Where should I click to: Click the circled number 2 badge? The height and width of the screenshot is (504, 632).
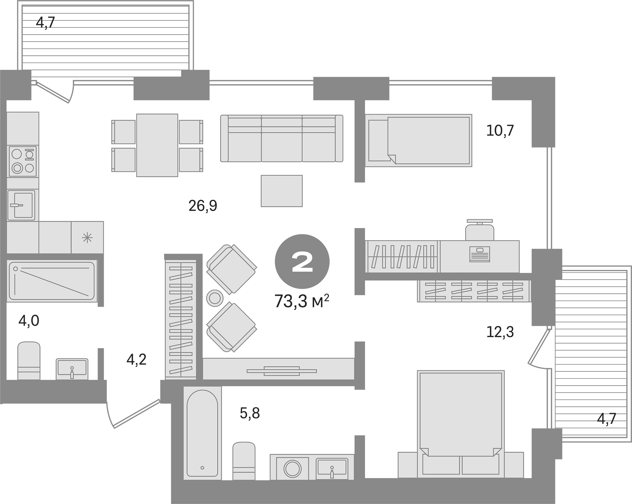point(302,261)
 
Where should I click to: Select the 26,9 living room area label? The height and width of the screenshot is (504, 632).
point(203,206)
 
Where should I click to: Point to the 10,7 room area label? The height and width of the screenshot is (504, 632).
point(500,131)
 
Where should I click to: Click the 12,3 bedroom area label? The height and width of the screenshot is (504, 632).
point(500,332)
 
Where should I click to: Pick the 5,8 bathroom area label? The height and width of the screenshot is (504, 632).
point(249,413)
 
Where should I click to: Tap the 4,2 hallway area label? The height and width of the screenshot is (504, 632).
point(136,359)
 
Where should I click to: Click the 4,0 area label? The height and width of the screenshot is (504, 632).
point(29,321)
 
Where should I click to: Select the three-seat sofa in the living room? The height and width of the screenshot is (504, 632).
point(282,139)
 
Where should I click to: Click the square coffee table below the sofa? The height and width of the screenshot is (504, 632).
point(281,191)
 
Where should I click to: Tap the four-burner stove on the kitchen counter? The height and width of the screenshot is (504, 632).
point(23,161)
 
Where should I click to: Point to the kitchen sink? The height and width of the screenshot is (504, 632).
point(21,205)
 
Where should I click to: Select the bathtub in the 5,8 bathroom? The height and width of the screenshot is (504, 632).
point(202,434)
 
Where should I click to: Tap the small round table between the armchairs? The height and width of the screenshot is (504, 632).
point(215,298)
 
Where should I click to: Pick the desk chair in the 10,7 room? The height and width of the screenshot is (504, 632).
point(479,231)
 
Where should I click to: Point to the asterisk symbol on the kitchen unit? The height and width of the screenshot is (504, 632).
point(87,238)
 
